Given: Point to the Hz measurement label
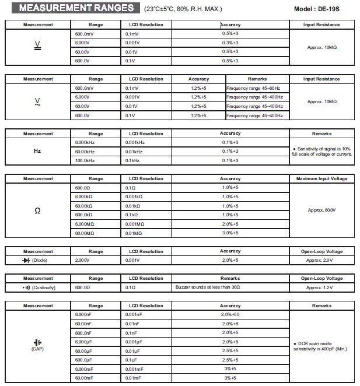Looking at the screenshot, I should pos(38,150).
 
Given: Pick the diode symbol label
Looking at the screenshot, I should pos(35,259).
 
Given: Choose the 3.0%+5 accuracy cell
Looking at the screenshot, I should pos(230,233).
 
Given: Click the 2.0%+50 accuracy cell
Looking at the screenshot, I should pos(230,315).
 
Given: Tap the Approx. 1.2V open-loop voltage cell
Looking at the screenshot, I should pos(322,287).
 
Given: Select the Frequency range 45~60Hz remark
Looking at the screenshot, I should pos(254,88).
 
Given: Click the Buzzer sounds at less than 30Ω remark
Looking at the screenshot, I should pos(208,287).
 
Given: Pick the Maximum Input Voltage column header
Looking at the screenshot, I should pos(322,178).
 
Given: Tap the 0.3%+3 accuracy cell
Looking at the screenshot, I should pos(230,43).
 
